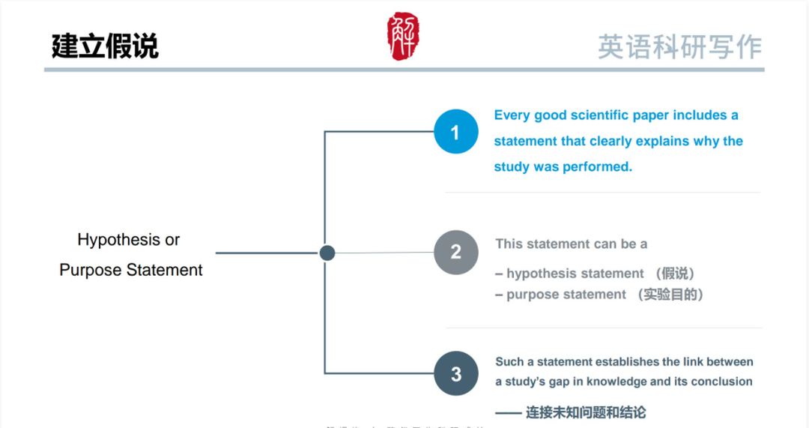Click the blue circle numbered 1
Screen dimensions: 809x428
point(455,132)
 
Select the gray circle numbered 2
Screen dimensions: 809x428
point(455,252)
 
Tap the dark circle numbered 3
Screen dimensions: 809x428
point(455,373)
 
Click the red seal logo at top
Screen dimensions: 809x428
point(403,36)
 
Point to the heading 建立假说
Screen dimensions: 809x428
point(105,46)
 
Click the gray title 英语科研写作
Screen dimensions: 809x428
point(679,46)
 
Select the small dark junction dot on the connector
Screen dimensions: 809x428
point(327,253)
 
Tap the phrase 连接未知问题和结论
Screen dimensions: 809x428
point(585,412)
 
